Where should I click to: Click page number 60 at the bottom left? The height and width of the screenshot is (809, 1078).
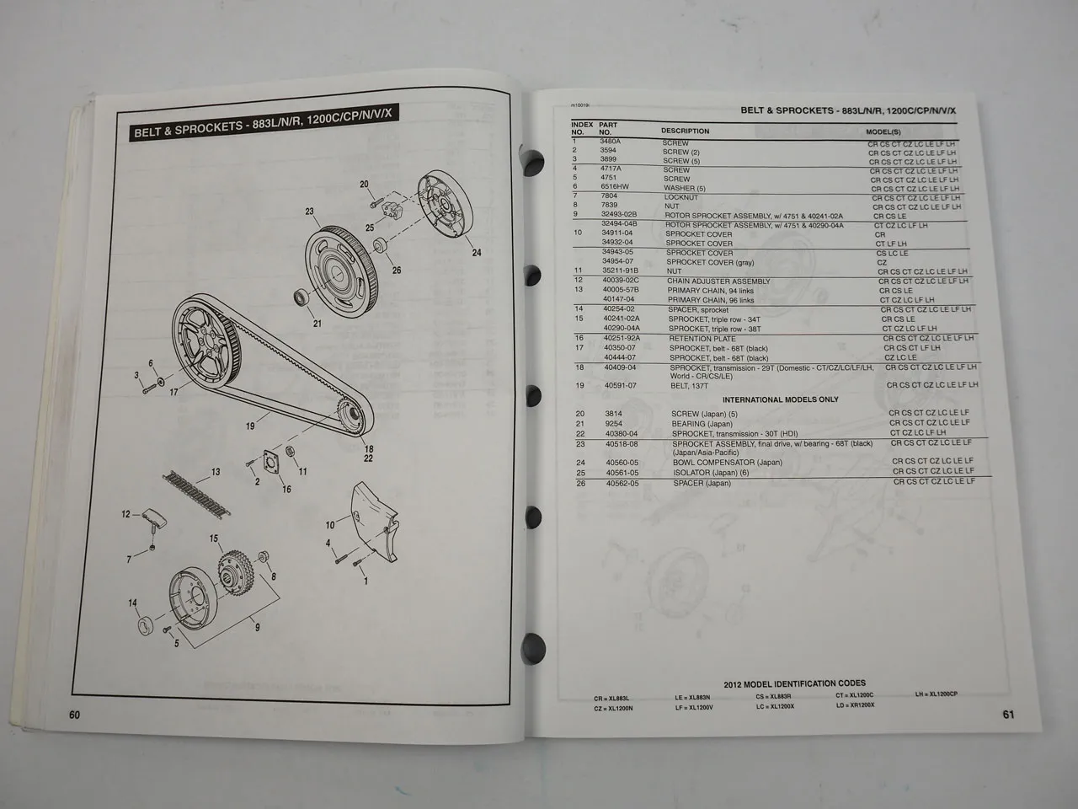click(74, 715)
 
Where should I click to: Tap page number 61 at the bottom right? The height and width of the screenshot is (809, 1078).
click(1008, 715)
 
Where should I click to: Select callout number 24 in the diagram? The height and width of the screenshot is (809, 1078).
click(477, 253)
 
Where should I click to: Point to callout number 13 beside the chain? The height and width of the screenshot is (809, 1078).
click(216, 472)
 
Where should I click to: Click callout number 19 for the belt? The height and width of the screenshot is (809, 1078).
click(250, 426)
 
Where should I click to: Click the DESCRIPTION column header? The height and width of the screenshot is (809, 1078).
click(685, 131)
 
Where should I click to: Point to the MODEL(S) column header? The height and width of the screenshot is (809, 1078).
click(883, 132)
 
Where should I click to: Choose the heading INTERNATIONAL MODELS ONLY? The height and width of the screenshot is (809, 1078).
click(781, 399)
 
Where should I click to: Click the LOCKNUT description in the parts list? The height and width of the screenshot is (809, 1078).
click(681, 196)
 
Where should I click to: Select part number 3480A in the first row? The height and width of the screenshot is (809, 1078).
click(611, 142)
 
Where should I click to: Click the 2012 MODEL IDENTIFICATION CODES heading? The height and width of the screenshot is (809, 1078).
click(794, 683)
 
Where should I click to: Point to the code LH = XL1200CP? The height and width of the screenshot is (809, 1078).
click(936, 694)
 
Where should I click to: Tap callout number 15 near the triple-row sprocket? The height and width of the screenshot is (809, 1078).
click(214, 538)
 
